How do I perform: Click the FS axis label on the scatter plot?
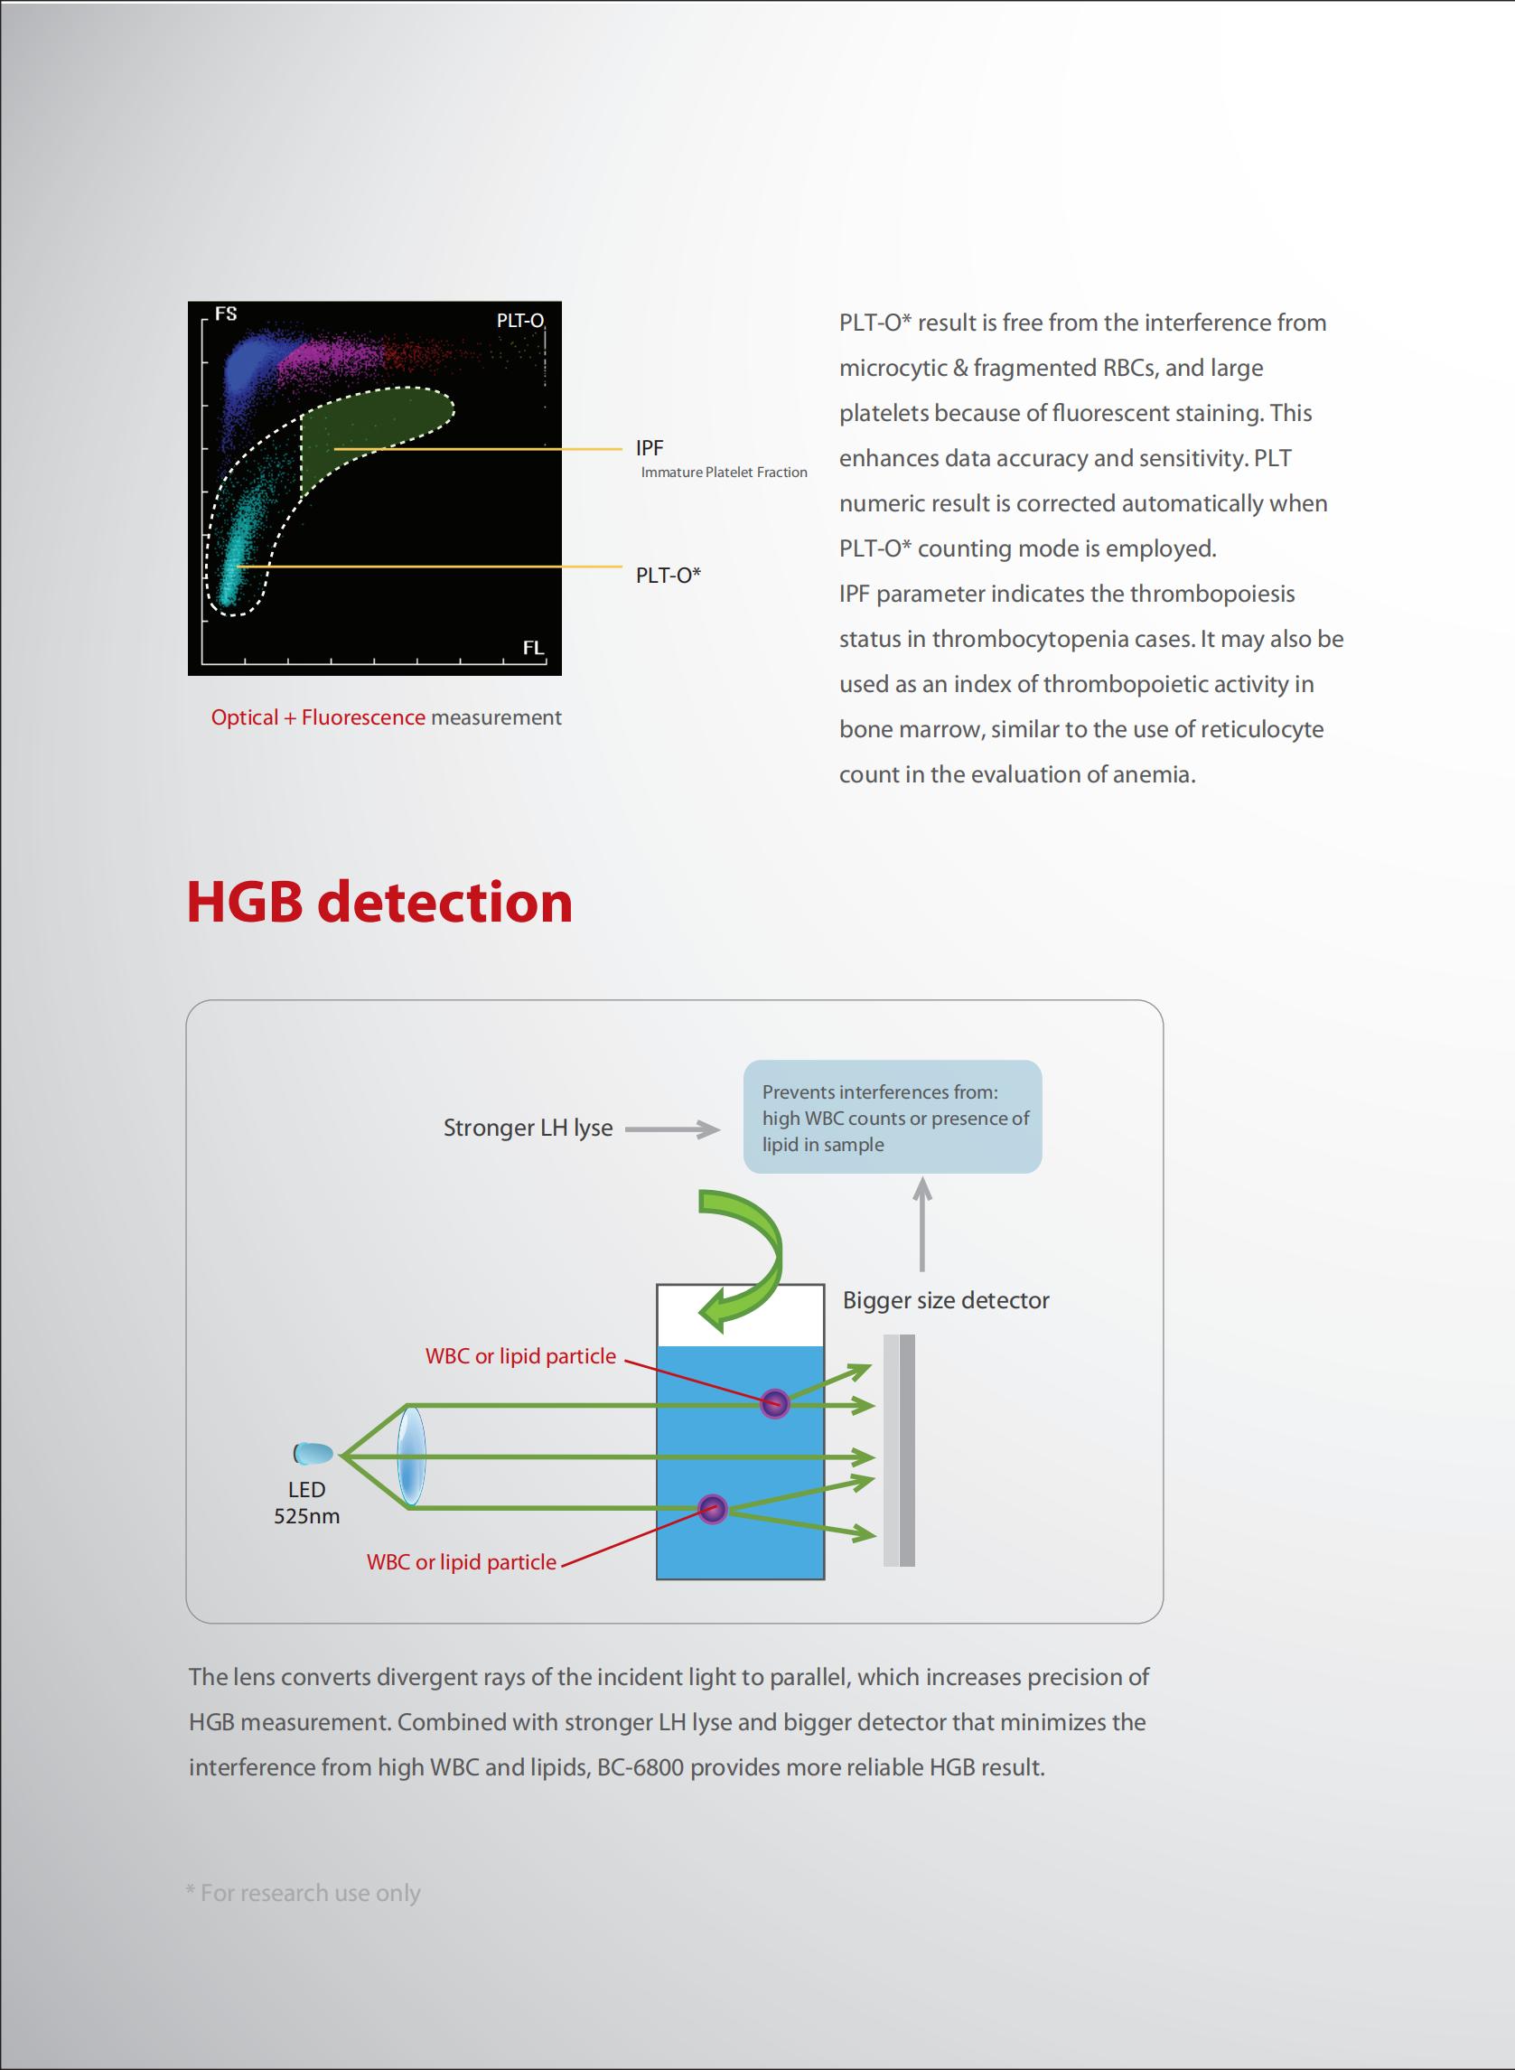coord(226,314)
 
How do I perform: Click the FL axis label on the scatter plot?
coord(533,648)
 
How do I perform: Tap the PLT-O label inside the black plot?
coord(520,320)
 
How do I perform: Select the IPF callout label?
coord(650,447)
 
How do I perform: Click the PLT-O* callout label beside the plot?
coord(669,575)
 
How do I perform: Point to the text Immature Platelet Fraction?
coord(724,473)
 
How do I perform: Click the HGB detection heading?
coord(379,901)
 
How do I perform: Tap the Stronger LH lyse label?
coord(528,1129)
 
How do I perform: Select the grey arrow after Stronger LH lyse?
coord(672,1129)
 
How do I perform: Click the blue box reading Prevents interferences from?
coord(893,1116)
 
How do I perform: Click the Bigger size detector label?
coord(946,1299)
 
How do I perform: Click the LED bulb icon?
coord(313,1454)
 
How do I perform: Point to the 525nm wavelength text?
coord(306,1516)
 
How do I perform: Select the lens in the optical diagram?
coord(411,1456)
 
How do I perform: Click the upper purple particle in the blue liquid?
coord(775,1403)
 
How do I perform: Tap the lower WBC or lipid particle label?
coord(462,1562)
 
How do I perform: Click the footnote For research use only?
coord(304,1892)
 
